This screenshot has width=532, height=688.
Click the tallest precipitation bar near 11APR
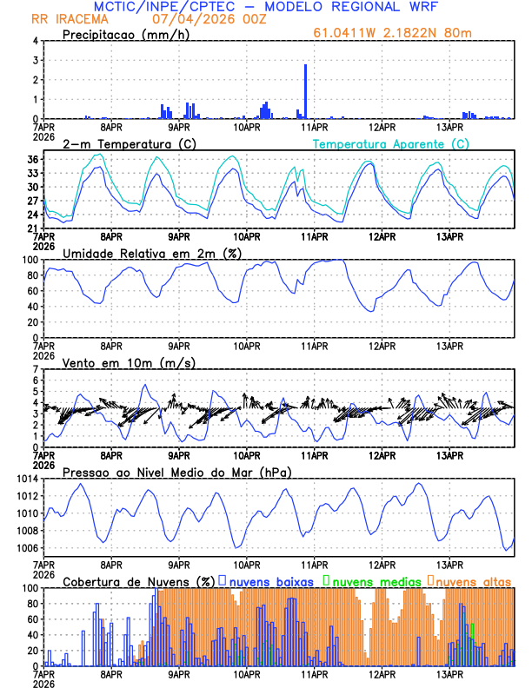[x=305, y=91]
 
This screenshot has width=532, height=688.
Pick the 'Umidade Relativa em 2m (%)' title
[x=151, y=253]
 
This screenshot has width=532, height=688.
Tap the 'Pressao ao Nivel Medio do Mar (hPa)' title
[x=176, y=472]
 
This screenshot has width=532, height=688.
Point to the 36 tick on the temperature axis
[x=31, y=159]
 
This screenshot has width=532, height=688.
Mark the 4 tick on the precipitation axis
[x=35, y=41]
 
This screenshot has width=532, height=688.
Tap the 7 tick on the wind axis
[x=35, y=369]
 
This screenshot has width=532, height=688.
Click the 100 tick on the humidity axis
[x=29, y=260]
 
